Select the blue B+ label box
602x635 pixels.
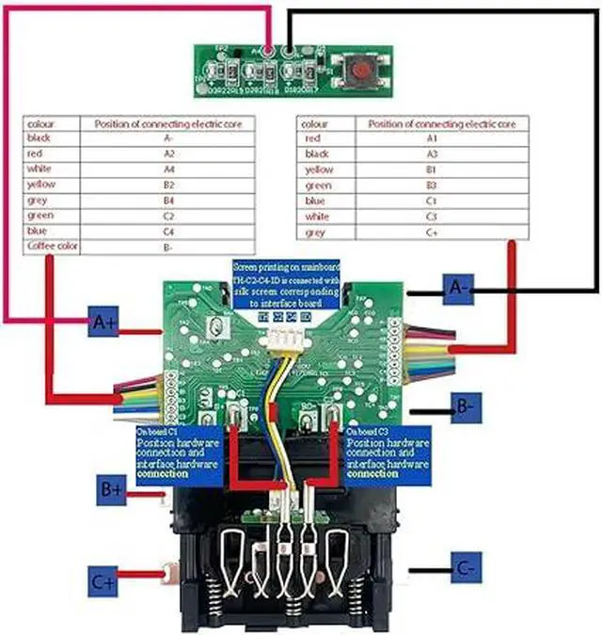tap(111, 488)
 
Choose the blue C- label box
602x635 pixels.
tap(465, 569)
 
